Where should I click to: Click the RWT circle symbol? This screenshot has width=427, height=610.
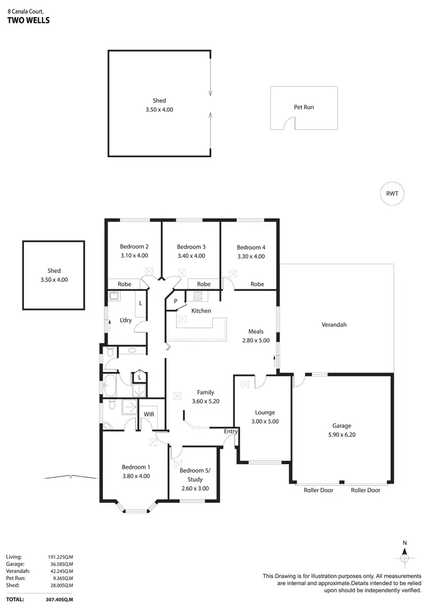(392, 194)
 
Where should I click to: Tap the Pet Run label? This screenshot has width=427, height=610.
(303, 107)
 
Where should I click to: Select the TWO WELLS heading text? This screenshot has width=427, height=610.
(28, 21)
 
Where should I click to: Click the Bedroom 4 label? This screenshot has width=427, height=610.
(251, 247)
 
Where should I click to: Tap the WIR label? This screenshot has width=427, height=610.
(150, 414)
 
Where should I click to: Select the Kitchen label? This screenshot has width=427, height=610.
(201, 311)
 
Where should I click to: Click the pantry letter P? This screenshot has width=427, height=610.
(176, 301)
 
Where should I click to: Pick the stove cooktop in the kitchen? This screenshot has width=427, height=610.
(198, 296)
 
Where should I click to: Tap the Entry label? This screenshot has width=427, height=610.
(230, 432)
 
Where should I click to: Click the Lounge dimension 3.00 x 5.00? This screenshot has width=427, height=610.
(265, 422)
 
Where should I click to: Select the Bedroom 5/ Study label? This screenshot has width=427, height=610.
(195, 475)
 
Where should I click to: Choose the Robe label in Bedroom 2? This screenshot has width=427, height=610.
(124, 284)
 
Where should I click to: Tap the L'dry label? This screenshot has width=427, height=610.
(126, 320)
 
